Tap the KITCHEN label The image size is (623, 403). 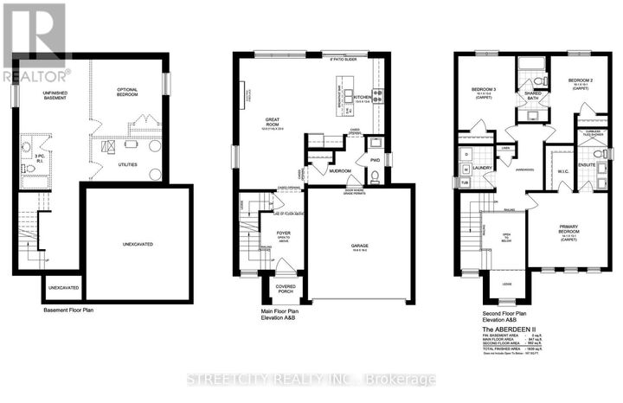coord(362,98)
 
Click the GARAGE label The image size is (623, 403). coord(360,246)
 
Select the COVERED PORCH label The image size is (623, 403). coord(286,290)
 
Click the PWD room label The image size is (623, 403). coord(375,161)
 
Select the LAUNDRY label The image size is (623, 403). coord(483,169)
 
